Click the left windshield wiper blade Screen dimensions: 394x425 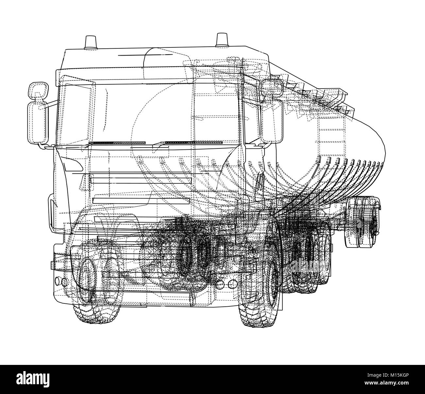point(118,143)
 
